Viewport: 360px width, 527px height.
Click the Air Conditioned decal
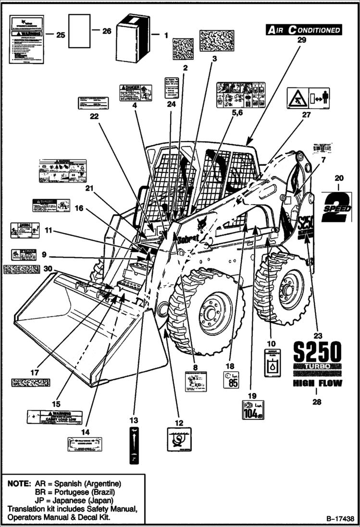304,30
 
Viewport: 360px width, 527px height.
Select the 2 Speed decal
337,207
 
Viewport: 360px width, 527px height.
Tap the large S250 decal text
317,354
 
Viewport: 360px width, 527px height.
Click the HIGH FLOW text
317,383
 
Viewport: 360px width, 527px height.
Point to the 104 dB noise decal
253,410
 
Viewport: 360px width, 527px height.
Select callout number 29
301,41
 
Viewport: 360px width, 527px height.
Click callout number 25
61,35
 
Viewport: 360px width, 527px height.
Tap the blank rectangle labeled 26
79,31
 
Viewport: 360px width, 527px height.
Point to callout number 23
317,335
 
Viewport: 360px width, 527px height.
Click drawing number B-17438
339,519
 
